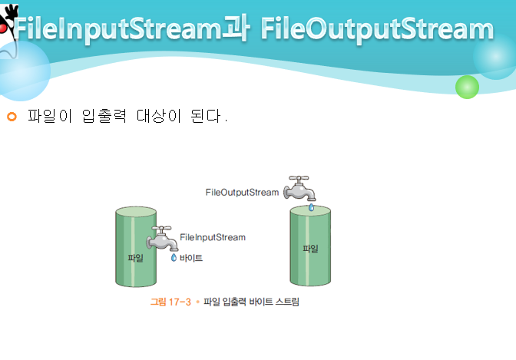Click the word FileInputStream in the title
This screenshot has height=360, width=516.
[116, 29]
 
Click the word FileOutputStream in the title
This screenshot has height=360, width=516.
[376, 29]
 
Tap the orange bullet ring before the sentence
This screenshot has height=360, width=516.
[11, 117]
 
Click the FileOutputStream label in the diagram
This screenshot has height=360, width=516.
[242, 192]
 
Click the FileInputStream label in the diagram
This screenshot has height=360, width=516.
[213, 237]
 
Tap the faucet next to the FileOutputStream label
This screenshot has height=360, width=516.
[300, 188]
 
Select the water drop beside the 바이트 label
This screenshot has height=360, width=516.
[174, 258]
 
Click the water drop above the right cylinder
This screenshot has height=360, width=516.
[311, 207]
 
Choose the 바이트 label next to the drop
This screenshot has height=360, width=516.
[191, 259]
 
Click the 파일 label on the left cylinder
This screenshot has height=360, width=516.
[135, 258]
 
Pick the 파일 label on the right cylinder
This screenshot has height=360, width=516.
[310, 249]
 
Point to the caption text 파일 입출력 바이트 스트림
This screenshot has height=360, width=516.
[251, 302]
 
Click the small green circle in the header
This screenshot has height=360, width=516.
[467, 87]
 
